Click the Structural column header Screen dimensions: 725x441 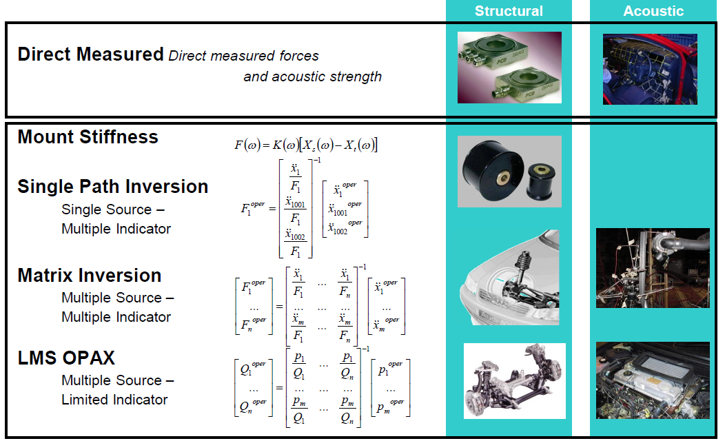(x=509, y=11)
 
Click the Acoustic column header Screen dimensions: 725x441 (x=653, y=11)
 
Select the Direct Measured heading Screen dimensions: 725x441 (x=91, y=54)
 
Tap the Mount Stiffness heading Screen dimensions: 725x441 (x=88, y=137)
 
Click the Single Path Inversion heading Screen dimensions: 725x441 (x=113, y=187)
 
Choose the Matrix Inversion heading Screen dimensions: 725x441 (x=89, y=276)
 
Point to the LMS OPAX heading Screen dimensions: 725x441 (x=66, y=358)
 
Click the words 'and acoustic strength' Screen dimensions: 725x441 (x=313, y=76)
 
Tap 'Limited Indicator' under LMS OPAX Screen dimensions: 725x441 (x=114, y=400)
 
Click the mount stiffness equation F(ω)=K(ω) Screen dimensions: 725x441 (x=306, y=145)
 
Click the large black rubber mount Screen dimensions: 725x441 (x=491, y=171)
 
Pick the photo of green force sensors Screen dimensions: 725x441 (x=509, y=68)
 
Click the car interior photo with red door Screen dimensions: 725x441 (x=650, y=69)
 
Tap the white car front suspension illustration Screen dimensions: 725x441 (x=509, y=278)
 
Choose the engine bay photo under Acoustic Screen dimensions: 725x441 (x=653, y=380)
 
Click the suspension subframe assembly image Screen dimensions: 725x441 (x=515, y=381)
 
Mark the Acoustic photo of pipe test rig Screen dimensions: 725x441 (x=653, y=268)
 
